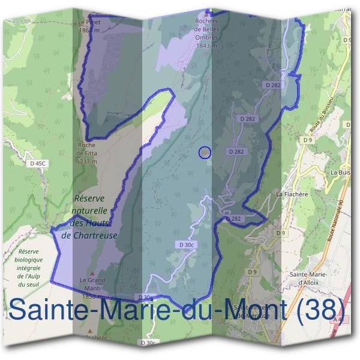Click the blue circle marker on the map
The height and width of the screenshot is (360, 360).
[x=205, y=153]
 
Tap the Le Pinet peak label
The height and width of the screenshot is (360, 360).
[x=88, y=22]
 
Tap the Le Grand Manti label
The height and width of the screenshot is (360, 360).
[x=92, y=284]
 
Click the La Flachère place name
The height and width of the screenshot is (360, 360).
[x=292, y=194]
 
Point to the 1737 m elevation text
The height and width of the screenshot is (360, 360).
[x=87, y=161]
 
